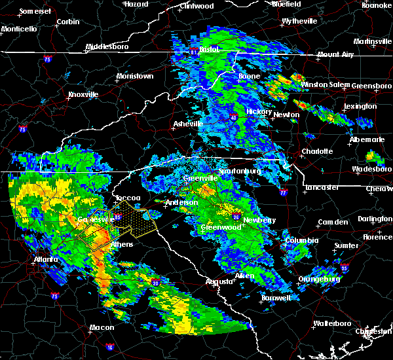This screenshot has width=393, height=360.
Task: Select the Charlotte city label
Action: click(x=316, y=151)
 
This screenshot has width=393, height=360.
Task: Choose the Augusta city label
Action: click(x=219, y=281)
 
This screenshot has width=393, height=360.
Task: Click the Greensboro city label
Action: click(x=372, y=86)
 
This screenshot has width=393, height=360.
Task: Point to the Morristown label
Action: click(x=134, y=76)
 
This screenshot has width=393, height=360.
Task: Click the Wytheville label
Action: click(x=299, y=22)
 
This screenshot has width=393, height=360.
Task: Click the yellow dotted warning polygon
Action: click(x=134, y=220)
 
